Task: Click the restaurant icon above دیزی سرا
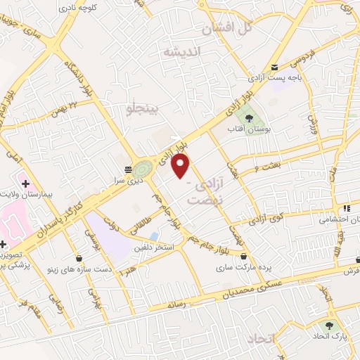[127, 169]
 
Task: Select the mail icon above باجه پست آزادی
[274, 67]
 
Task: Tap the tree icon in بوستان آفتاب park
[245, 117]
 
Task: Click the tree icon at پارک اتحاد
[328, 325]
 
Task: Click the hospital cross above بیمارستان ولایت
[25, 184]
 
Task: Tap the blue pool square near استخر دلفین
[154, 236]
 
